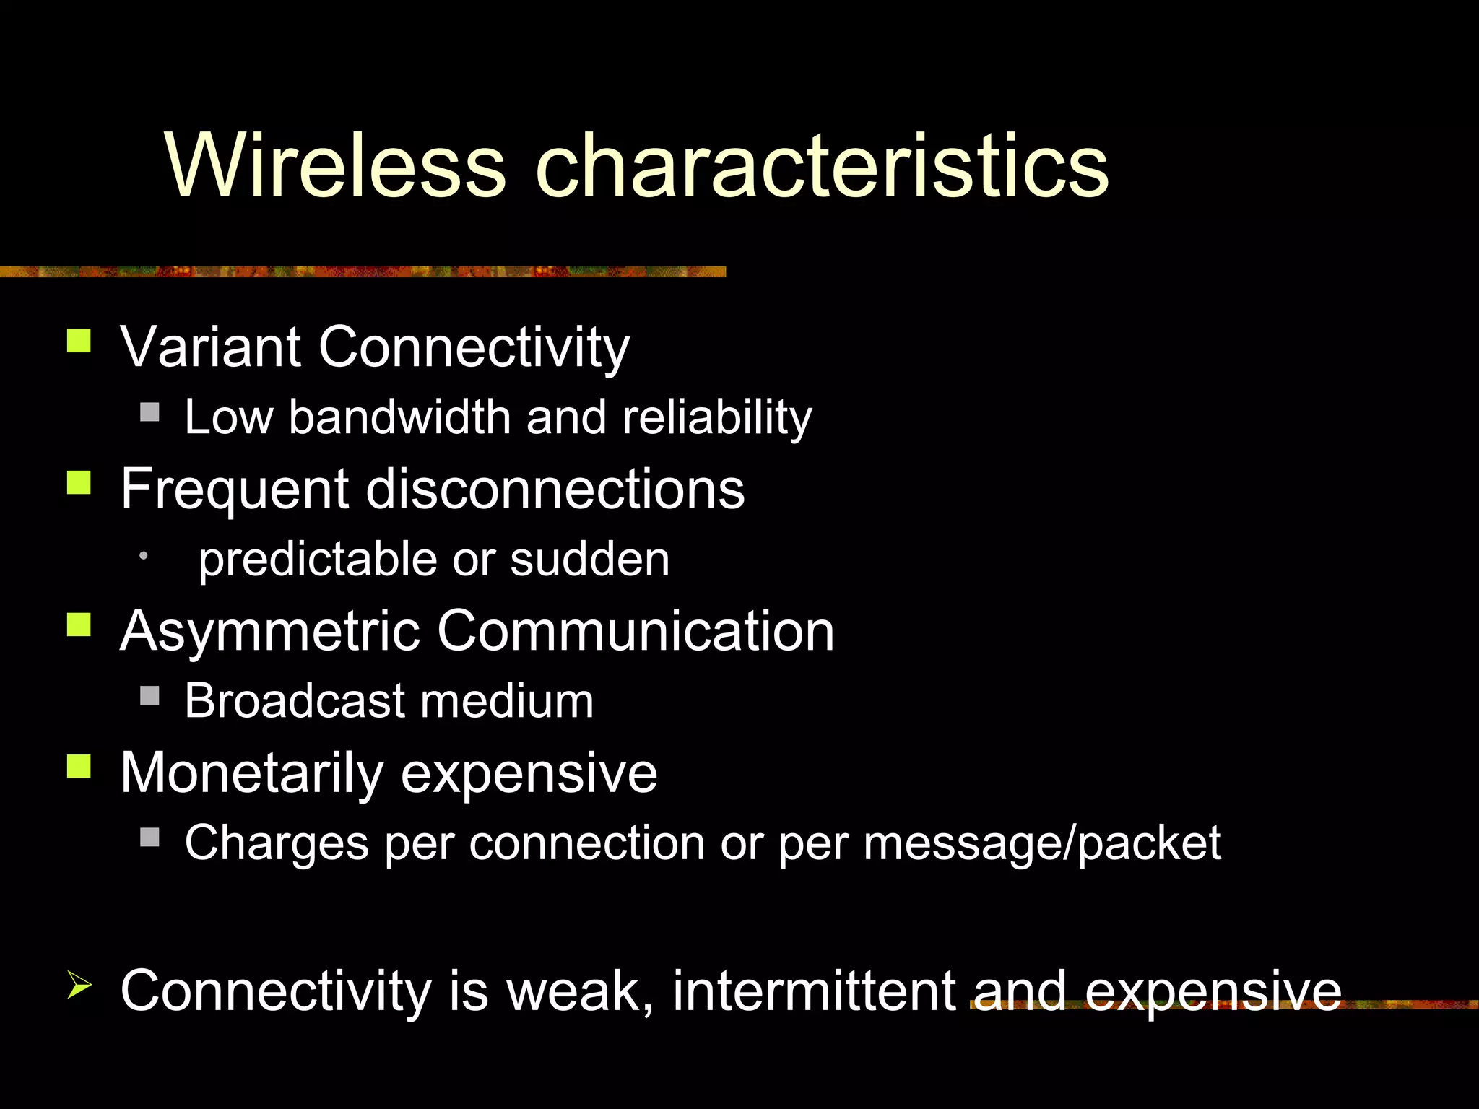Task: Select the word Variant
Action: [x=210, y=347]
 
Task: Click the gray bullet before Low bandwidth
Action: [x=149, y=412]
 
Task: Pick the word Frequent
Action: [x=235, y=489]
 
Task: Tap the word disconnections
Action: [x=555, y=489]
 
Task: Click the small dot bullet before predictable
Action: [x=144, y=555]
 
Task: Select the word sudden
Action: [x=589, y=560]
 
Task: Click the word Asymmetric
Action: [x=270, y=631]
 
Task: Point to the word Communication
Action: [x=636, y=631]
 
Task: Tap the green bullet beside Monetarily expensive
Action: [x=79, y=766]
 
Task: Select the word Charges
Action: [x=277, y=843]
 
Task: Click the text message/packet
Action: [x=1041, y=843]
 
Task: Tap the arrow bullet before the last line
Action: [x=79, y=985]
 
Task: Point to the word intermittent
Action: [x=815, y=991]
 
